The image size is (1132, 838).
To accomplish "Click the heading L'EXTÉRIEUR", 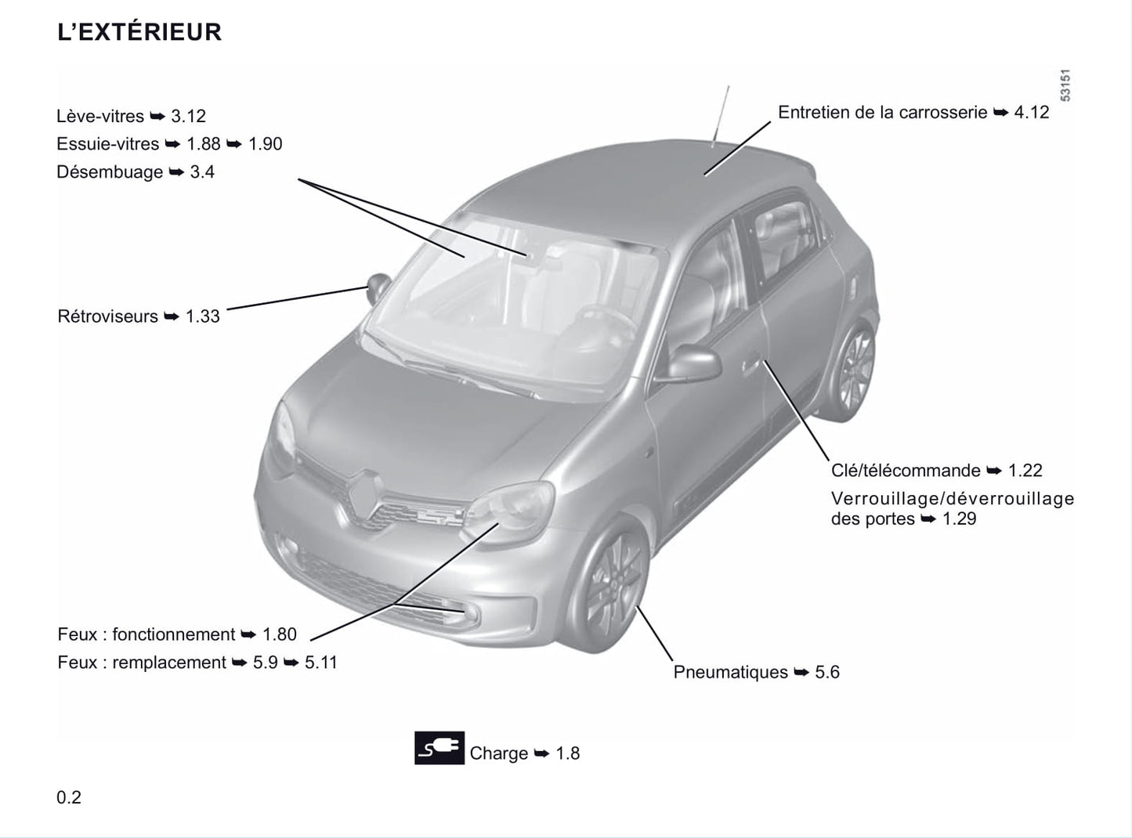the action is tap(139, 31).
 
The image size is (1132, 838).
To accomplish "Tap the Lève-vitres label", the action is tap(100, 117).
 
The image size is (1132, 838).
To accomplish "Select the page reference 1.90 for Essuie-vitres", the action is tap(265, 144).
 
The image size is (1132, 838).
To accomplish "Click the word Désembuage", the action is tap(110, 172).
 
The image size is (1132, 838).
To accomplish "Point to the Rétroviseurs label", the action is tap(107, 316).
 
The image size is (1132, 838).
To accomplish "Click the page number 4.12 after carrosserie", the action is tap(1032, 112).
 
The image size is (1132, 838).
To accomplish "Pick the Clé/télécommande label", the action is tap(906, 470).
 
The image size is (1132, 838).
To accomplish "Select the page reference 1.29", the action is tap(959, 518).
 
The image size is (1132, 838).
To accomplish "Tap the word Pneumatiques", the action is tap(730, 672).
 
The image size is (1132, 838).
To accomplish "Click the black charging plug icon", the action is tap(439, 748).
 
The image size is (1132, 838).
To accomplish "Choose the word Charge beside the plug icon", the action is tap(499, 753).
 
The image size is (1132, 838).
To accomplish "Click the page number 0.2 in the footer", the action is tap(69, 797).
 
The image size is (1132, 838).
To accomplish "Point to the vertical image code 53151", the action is tap(1065, 85).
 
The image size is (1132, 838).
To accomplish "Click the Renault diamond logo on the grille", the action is tap(364, 497).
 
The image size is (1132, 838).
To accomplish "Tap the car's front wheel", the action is tap(610, 584).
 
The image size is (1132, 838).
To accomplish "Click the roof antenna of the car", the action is tap(721, 114).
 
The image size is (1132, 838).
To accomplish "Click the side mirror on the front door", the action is tap(690, 363).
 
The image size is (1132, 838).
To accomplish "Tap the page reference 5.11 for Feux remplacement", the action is tap(321, 663).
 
